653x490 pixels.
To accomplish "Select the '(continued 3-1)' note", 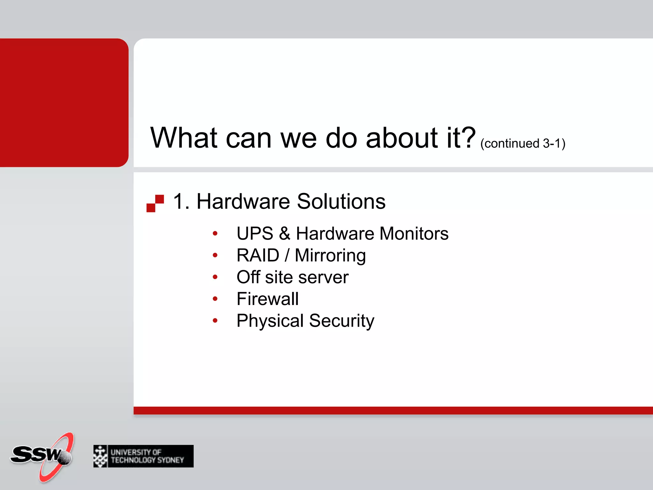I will [523, 144].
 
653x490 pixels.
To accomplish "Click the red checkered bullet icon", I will [155, 203].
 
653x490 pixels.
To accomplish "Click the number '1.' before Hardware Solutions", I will [181, 202].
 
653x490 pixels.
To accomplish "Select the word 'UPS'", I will [255, 234].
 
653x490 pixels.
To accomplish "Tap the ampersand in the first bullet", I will [284, 234].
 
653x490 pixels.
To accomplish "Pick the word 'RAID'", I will [258, 255].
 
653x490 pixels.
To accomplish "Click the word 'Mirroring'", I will [330, 256].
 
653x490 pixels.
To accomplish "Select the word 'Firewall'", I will [268, 299].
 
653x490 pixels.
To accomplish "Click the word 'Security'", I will [341, 321].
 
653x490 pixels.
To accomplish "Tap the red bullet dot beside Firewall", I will [215, 299].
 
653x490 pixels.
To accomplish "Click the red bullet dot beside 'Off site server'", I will [215, 277].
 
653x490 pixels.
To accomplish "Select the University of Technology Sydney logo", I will [143, 456].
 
